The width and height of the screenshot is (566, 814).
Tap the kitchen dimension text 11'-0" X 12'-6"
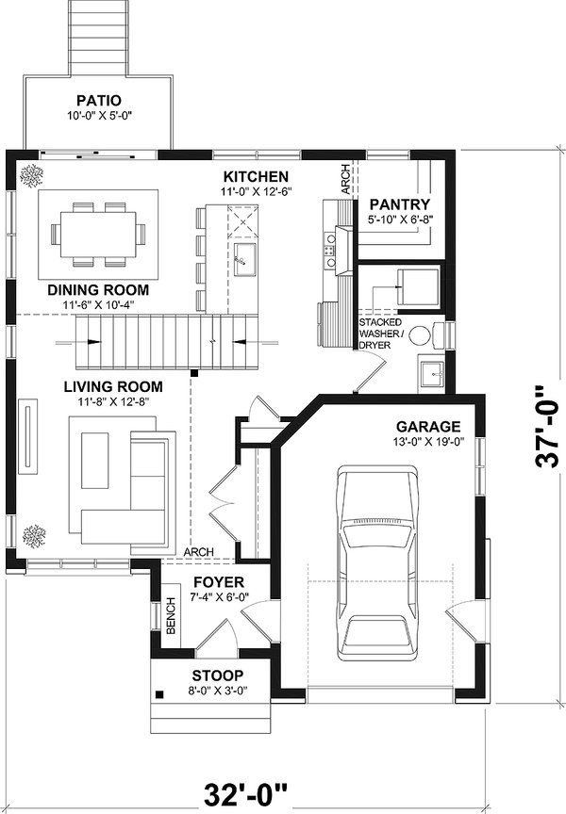pyautogui.click(x=255, y=190)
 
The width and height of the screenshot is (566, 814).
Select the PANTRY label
pyautogui.click(x=399, y=203)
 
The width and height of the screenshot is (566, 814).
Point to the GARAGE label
pyautogui.click(x=427, y=425)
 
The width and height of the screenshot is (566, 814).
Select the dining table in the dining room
pyautogui.click(x=97, y=232)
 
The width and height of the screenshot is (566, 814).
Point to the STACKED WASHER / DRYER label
pyautogui.click(x=380, y=334)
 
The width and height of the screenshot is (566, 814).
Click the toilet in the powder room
pyautogui.click(x=435, y=334)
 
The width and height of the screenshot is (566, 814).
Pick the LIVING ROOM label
pyautogui.click(x=113, y=386)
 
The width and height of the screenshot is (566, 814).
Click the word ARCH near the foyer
pyautogui.click(x=198, y=551)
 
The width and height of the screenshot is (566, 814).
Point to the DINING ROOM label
pyautogui.click(x=98, y=291)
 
